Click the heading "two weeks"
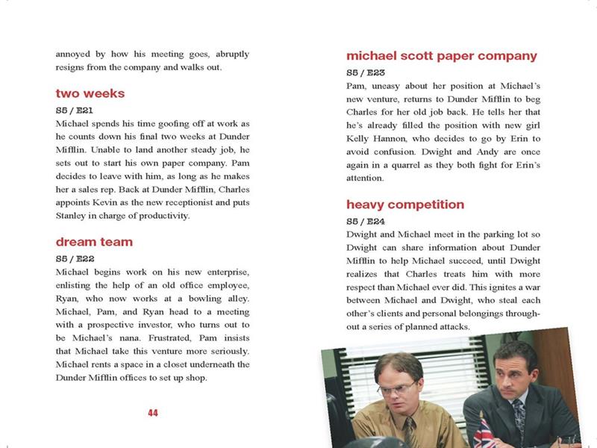pyautogui.click(x=90, y=94)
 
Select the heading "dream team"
pyautogui.click(x=94, y=242)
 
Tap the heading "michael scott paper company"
pyautogui.click(x=442, y=56)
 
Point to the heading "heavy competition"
pyautogui.click(x=405, y=205)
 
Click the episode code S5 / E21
pyautogui.click(x=73, y=109)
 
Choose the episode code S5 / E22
pyautogui.click(x=73, y=258)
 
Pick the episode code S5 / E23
pyautogui.click(x=366, y=72)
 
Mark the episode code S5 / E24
pyautogui.click(x=366, y=221)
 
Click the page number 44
pyautogui.click(x=153, y=414)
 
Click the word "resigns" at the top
pyautogui.click(x=73, y=68)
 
